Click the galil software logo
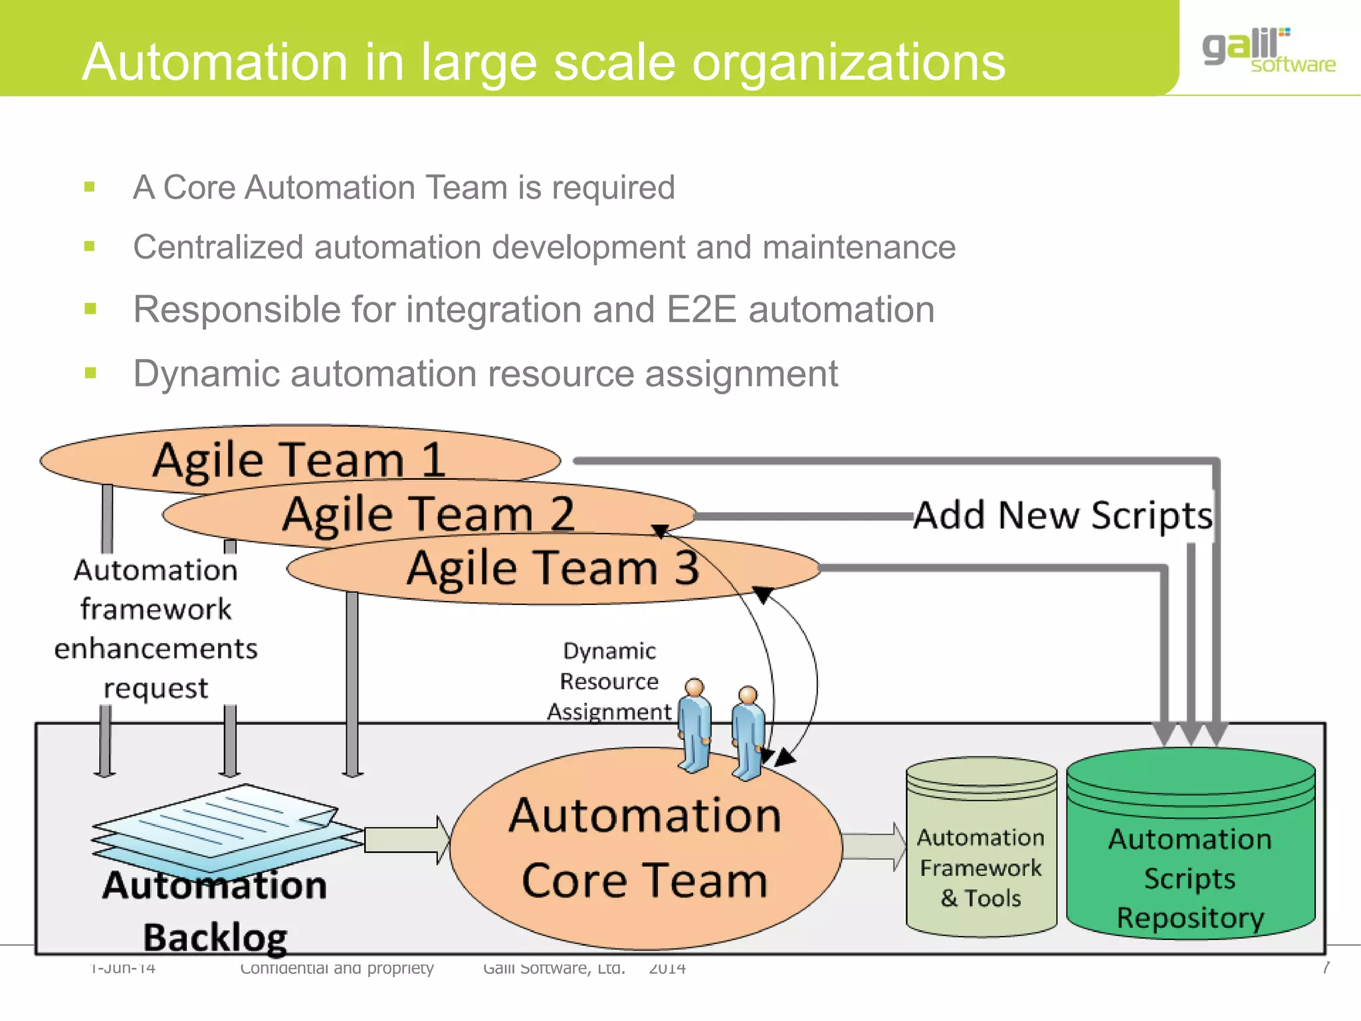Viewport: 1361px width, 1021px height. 1267,51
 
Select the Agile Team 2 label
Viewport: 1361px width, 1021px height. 428,514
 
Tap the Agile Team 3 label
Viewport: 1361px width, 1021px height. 553,568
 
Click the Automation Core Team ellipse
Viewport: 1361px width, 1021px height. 645,857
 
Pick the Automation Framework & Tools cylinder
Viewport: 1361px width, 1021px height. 981,864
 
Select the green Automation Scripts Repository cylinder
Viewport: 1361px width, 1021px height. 1190,864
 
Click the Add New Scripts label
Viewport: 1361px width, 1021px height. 1062,515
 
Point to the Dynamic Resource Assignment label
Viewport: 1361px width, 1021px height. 609,681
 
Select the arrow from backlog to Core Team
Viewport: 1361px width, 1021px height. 405,840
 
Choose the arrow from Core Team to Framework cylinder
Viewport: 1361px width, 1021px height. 874,846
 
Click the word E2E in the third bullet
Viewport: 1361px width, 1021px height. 702,310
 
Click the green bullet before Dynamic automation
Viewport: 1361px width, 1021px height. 90,373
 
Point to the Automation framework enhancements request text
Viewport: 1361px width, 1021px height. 156,628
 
